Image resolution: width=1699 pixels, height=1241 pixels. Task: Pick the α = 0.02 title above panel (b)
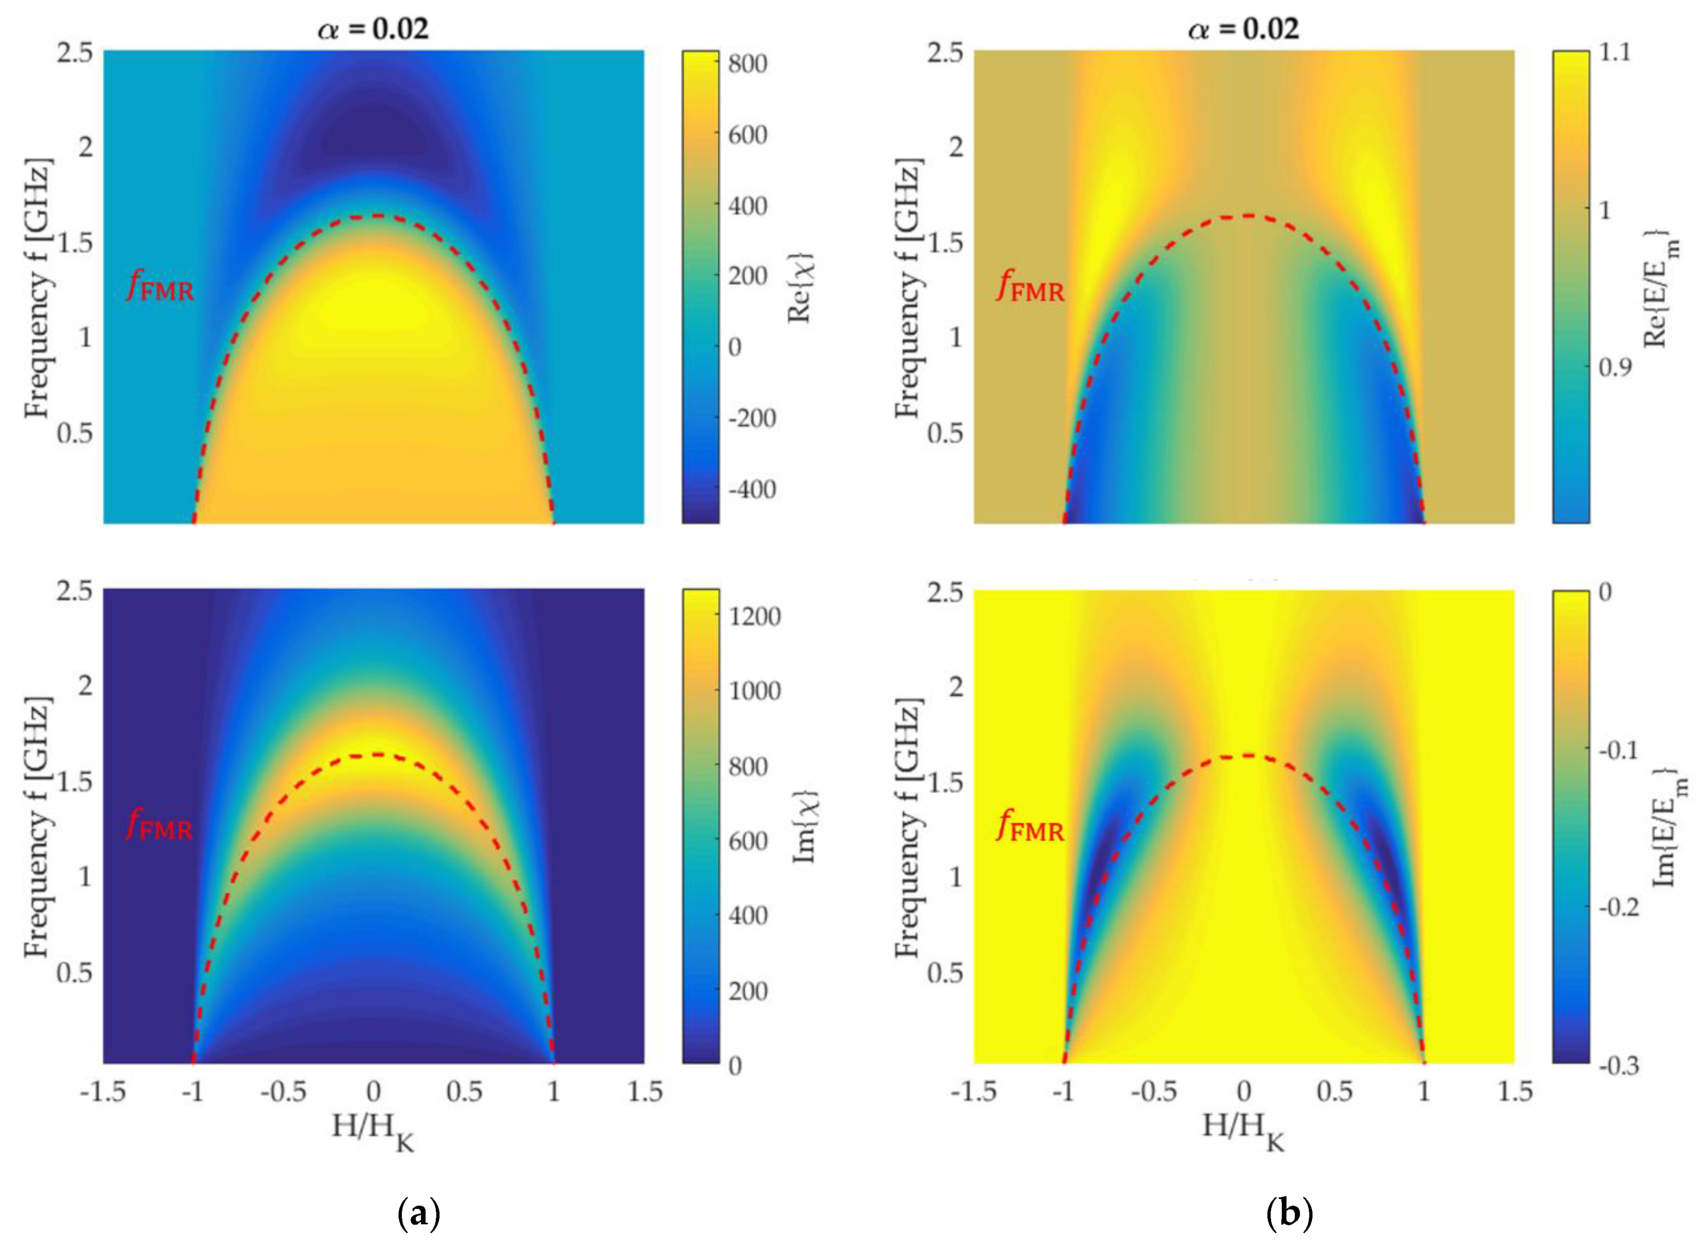[x=1243, y=28]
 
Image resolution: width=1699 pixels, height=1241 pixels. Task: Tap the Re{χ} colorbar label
[x=801, y=288]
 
